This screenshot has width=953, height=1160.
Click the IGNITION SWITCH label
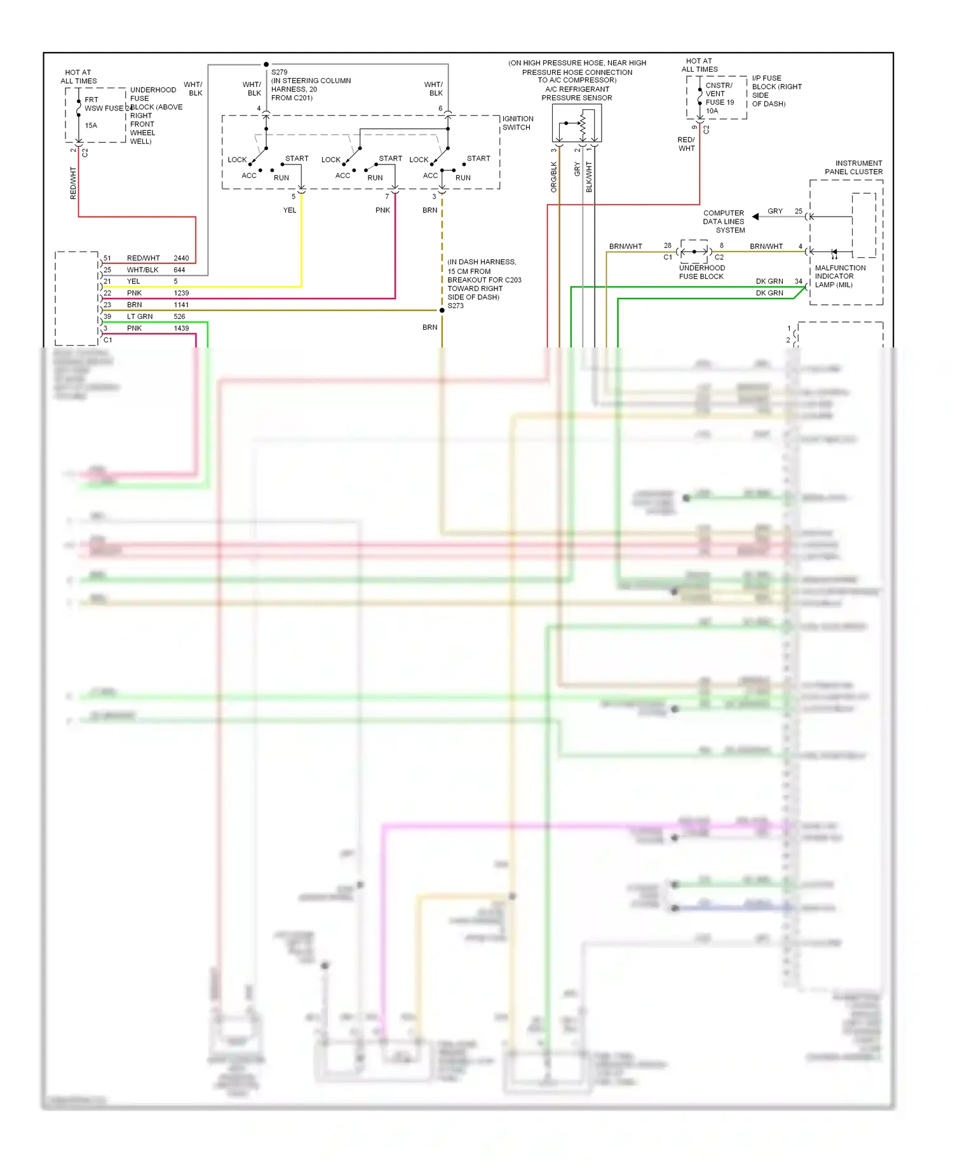(x=518, y=123)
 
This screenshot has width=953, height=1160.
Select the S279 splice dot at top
(x=266, y=64)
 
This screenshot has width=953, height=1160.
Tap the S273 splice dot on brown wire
(x=442, y=310)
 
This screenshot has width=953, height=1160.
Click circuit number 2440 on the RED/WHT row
(x=181, y=258)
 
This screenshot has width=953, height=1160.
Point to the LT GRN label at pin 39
(x=140, y=316)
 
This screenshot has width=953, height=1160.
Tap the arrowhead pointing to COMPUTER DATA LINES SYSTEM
(x=755, y=217)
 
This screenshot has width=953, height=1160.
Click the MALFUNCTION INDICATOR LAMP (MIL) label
(x=839, y=276)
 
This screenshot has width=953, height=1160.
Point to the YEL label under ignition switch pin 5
(x=290, y=210)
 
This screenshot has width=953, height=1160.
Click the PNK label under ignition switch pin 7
(x=382, y=210)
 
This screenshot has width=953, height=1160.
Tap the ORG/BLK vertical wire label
(x=554, y=177)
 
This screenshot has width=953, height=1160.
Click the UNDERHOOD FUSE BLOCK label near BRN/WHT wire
(x=701, y=272)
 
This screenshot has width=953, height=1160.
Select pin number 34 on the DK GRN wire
(x=798, y=281)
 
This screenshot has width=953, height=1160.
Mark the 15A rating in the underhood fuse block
(x=91, y=126)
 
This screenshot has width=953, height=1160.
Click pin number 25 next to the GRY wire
(x=798, y=212)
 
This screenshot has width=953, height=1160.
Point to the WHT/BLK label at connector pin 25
(x=142, y=270)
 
